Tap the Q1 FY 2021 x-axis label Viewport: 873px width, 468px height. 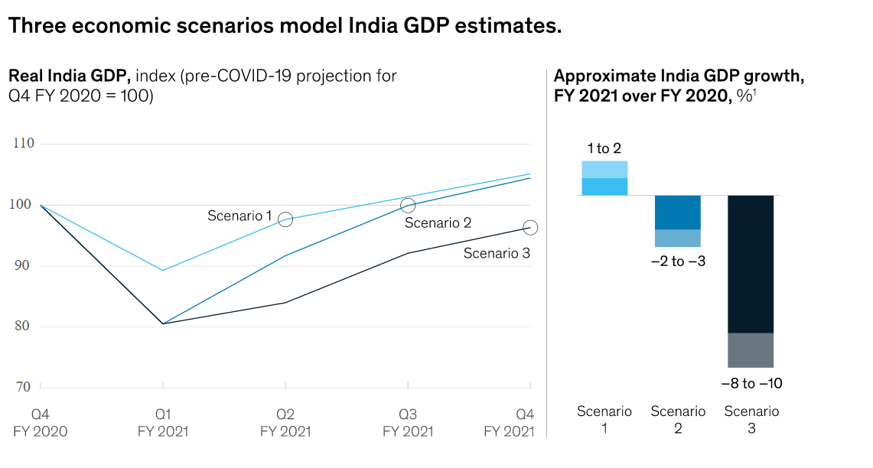coord(163,423)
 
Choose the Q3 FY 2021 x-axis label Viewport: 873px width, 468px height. coord(408,423)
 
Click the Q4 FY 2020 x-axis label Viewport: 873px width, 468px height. coord(41,423)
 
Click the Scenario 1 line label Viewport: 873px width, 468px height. coord(239,216)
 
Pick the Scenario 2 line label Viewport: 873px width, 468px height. coord(437,223)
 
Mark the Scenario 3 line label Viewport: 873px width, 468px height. coord(497,253)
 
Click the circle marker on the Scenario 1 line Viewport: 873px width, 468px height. coord(285,219)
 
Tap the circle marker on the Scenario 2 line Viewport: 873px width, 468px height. coord(408,206)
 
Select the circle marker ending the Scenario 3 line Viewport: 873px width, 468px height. coord(530,227)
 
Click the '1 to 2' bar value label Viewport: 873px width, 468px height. coord(604,149)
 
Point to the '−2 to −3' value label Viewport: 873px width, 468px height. coord(678,262)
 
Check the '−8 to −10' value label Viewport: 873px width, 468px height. coord(751,383)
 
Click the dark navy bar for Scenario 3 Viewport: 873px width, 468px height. coord(751,264)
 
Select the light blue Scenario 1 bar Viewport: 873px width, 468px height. coord(604,178)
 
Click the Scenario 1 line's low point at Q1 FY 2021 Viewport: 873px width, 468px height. coord(163,270)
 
